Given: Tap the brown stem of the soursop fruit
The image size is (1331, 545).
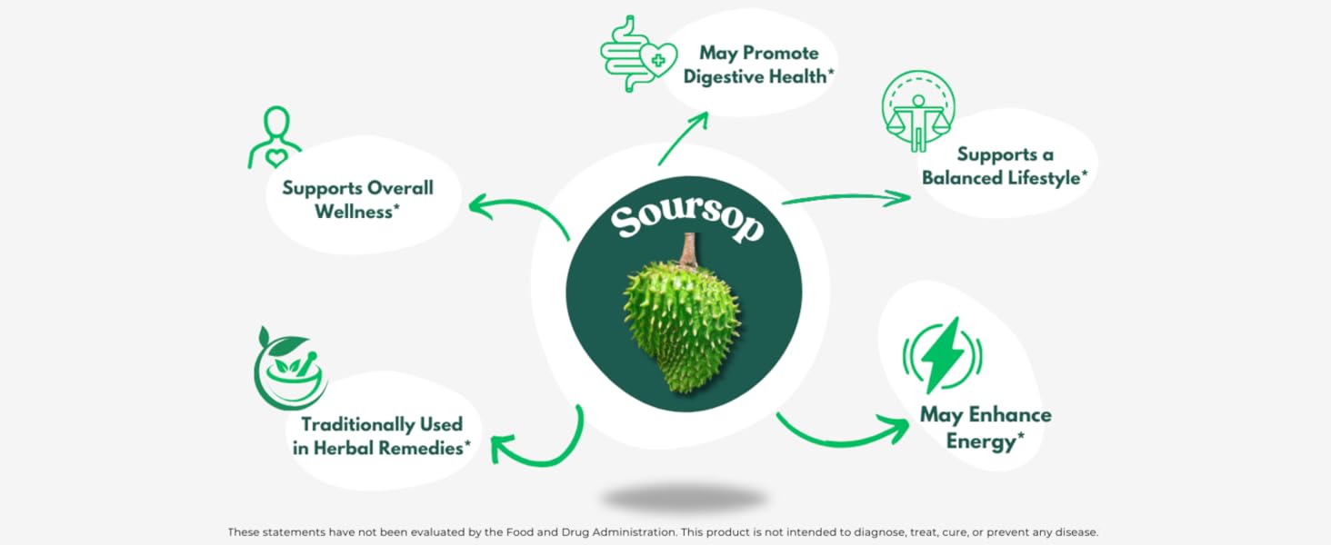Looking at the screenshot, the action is click(x=689, y=250).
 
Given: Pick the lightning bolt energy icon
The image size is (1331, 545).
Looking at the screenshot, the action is click(x=942, y=354).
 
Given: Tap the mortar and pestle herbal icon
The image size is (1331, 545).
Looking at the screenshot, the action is click(x=290, y=369).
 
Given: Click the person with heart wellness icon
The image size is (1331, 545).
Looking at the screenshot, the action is click(x=275, y=138).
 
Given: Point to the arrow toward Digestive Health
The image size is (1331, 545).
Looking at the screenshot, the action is click(x=683, y=138).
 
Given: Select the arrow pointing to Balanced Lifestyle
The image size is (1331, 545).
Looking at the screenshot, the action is click(x=846, y=197).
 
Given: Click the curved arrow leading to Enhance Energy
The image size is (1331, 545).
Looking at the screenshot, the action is click(x=841, y=434).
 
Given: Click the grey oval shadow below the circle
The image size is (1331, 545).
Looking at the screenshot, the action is click(x=684, y=498).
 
